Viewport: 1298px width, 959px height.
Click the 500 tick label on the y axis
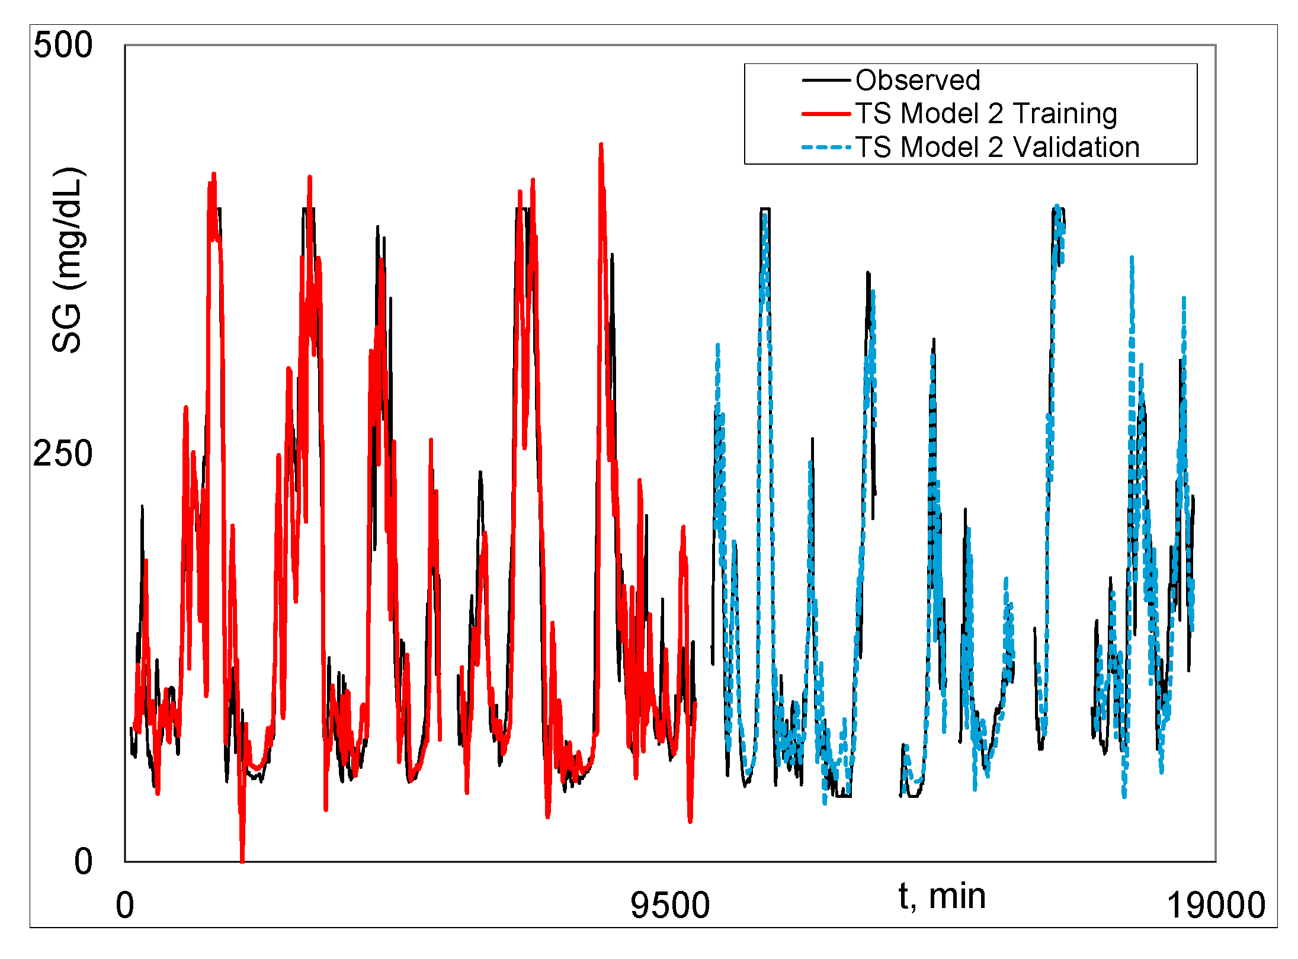point(63,45)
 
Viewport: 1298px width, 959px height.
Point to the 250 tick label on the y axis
point(63,454)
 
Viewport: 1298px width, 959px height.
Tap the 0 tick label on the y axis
point(84,861)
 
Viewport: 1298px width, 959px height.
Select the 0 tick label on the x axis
point(125,906)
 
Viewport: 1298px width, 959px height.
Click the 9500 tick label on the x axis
point(670,906)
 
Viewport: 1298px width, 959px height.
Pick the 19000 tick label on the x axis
point(1216,906)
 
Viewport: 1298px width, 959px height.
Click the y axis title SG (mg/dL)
point(68,261)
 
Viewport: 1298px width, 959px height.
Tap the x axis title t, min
point(942,896)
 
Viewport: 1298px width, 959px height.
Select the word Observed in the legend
point(918,80)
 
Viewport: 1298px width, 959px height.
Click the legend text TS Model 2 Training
point(986,113)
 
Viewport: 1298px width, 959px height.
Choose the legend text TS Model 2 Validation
point(998,147)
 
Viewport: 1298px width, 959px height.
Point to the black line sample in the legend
point(826,80)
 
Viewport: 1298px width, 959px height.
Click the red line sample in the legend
point(826,113)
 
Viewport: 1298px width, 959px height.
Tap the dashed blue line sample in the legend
point(826,147)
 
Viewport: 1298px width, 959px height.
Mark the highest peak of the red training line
point(601,145)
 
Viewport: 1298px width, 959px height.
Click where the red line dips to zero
point(242,860)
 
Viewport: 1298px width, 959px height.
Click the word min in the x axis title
point(957,896)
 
